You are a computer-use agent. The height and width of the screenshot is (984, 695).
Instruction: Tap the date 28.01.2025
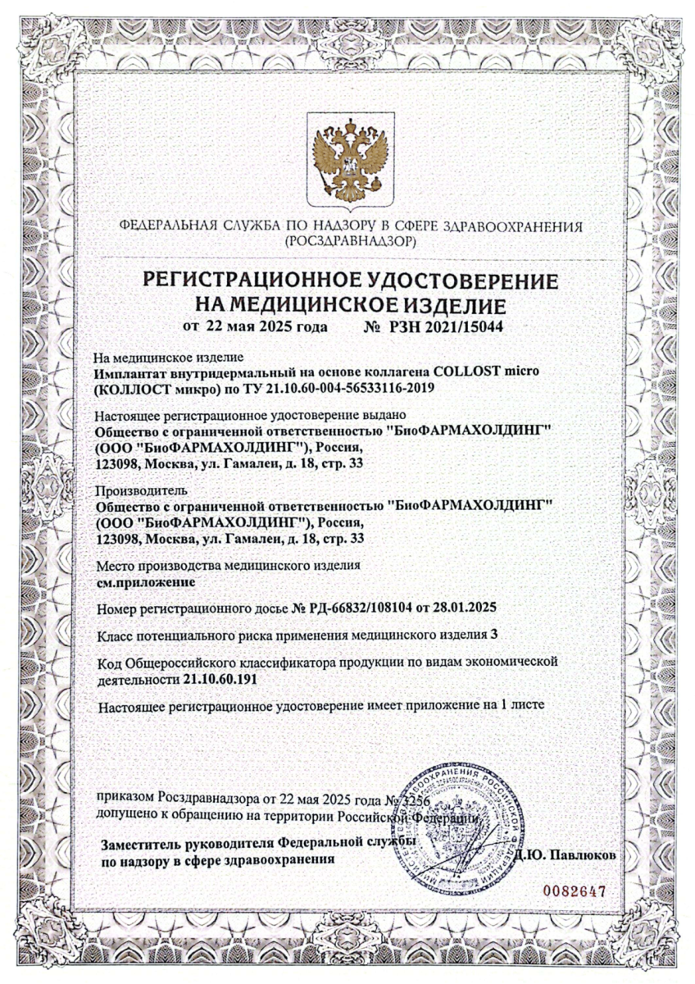click(468, 608)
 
